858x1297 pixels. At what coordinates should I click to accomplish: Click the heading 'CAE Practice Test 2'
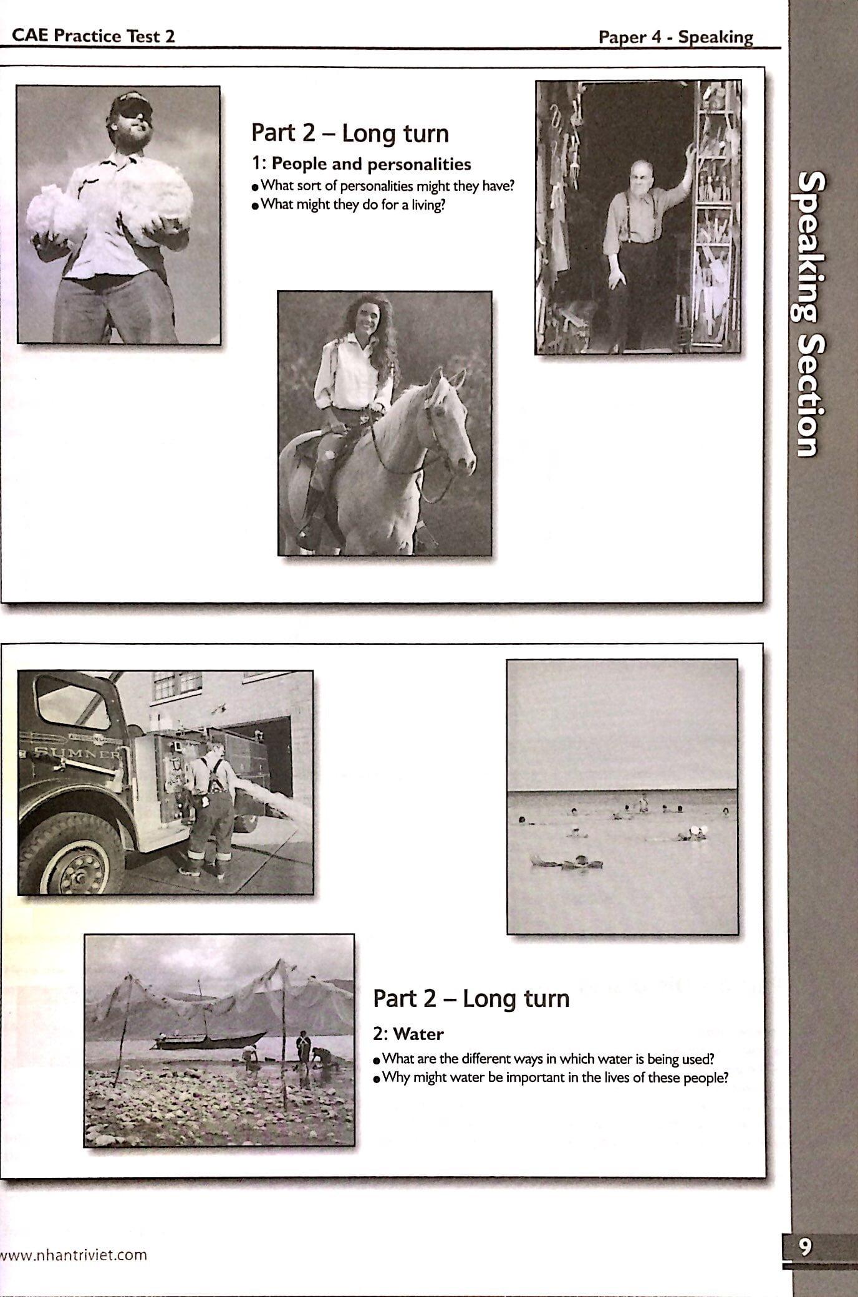[x=94, y=36]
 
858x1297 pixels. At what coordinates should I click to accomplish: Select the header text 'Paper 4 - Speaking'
[x=675, y=37]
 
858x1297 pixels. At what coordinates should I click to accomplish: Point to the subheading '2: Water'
[x=408, y=1034]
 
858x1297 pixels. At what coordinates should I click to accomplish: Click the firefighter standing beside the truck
[x=211, y=810]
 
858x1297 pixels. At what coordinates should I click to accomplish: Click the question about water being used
[x=547, y=1059]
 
